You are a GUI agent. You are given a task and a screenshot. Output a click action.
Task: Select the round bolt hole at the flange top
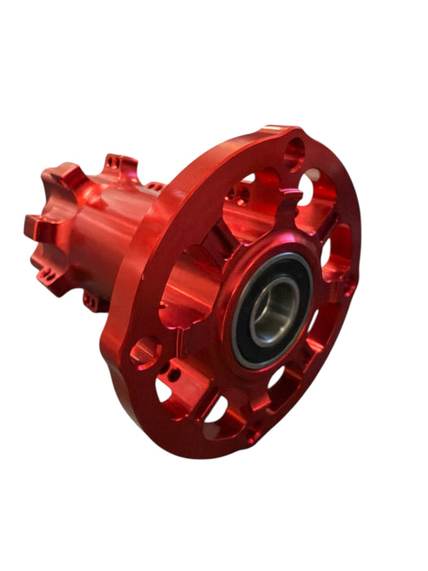[293, 154]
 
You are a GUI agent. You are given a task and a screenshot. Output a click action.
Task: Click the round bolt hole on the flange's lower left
[145, 352]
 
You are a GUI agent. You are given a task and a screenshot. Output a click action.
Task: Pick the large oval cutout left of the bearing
[183, 285]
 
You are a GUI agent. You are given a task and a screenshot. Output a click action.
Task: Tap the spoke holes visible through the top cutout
[240, 194]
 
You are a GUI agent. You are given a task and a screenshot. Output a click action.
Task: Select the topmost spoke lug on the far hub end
[121, 163]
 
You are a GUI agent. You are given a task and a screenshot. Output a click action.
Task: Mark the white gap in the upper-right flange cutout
[307, 187]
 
